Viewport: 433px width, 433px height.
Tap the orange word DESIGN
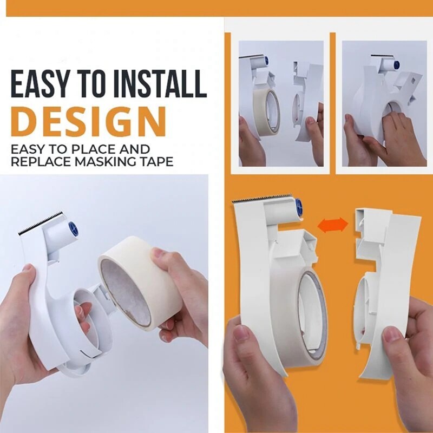[x=88, y=122]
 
